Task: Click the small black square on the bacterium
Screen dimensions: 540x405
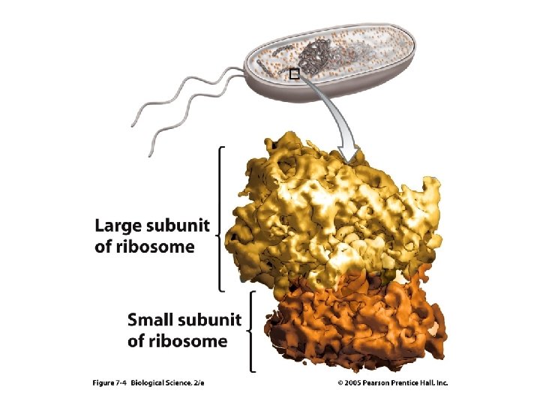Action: click(294, 73)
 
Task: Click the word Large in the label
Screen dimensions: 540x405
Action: click(118, 226)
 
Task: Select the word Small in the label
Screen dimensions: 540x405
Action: click(151, 321)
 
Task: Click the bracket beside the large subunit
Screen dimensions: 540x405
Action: click(219, 217)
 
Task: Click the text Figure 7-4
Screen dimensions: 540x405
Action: click(109, 382)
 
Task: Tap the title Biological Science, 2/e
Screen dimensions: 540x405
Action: click(167, 382)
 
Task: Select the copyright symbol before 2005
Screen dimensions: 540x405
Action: click(341, 382)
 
